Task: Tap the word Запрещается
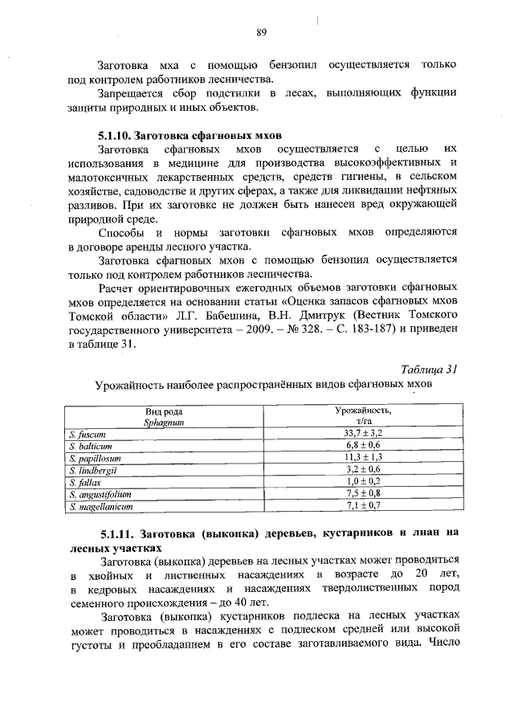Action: (131, 93)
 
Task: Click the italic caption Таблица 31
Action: (429, 370)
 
